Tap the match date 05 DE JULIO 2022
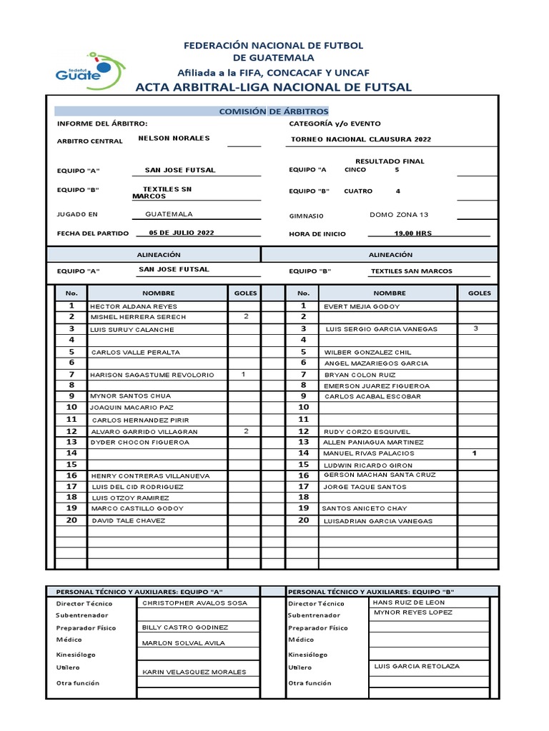tap(181, 233)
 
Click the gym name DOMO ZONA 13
tap(399, 214)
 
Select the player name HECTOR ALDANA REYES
tap(134, 306)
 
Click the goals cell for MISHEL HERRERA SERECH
tap(245, 316)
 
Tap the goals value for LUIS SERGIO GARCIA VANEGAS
tap(475, 328)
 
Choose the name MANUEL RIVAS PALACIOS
tap(368, 453)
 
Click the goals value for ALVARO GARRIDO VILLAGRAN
tap(245, 431)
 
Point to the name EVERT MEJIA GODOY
tap(362, 306)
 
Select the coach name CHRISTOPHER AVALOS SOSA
tap(194, 603)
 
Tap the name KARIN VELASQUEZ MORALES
tap(194, 672)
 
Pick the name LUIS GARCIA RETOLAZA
tap(416, 666)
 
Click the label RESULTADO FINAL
tap(390, 161)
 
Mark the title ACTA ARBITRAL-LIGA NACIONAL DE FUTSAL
tap(274, 87)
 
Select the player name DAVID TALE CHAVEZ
tap(128, 520)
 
